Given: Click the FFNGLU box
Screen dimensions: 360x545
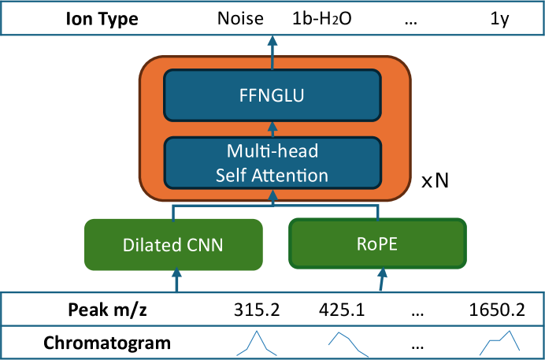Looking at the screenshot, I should [x=272, y=95].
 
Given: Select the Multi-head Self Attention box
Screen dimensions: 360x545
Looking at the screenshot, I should [x=272, y=162].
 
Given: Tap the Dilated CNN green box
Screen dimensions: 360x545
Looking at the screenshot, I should [x=173, y=244].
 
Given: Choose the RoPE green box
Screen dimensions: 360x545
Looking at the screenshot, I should [x=377, y=243].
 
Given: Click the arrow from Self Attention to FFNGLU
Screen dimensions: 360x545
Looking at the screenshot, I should [x=272, y=128].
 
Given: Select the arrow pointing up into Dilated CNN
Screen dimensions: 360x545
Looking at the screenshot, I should [x=176, y=280].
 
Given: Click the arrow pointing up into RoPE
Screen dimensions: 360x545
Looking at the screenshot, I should [x=382, y=280].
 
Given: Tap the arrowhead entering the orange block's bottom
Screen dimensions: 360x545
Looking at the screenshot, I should [x=272, y=194].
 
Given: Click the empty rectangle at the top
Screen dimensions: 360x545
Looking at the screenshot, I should [x=272, y=17].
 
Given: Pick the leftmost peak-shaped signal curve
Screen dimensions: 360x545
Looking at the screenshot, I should [x=255, y=343].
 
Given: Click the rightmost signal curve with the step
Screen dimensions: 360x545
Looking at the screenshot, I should [x=501, y=342].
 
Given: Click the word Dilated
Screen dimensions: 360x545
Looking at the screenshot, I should [x=150, y=244].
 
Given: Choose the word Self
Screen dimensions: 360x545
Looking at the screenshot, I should [x=232, y=175].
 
